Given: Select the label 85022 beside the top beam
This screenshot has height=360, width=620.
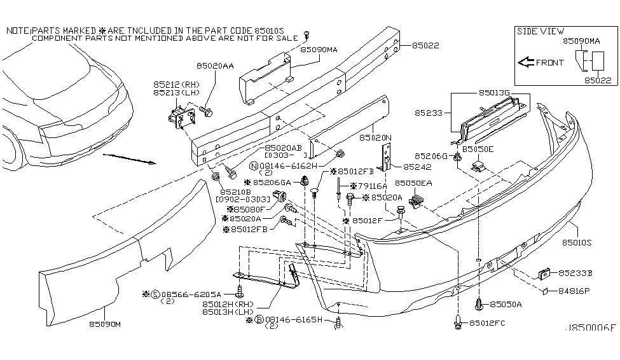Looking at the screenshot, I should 425,45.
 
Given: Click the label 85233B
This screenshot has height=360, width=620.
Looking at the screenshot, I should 575,273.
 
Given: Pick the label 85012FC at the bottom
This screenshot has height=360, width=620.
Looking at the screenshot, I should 488,324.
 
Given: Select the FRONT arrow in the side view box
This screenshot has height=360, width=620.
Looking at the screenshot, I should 527,63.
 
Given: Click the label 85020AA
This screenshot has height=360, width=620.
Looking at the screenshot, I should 214,66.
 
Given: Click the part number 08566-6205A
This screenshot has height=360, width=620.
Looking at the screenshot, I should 191,294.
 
